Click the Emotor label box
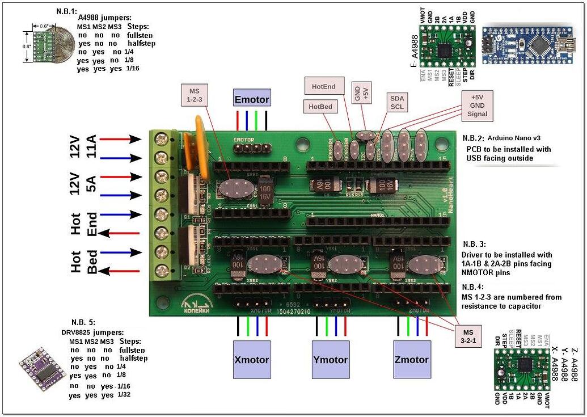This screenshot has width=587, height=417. [x=252, y=99]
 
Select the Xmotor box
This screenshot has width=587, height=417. [x=251, y=359]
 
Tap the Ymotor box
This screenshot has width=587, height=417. [x=331, y=359]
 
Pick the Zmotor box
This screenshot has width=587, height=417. [x=412, y=359]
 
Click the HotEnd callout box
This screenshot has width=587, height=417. [x=324, y=86]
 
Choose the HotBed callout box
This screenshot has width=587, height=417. [x=321, y=106]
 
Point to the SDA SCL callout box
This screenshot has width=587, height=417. [x=396, y=103]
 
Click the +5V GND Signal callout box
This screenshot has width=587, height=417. [x=477, y=106]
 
